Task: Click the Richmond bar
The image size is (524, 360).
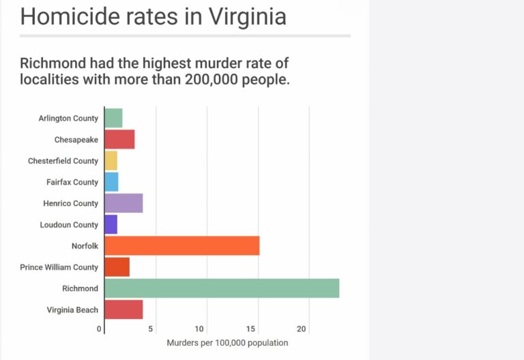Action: (x=222, y=288)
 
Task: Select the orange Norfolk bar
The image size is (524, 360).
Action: (x=182, y=245)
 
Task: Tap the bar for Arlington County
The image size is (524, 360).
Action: (x=113, y=118)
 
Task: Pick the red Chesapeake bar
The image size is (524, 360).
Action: (x=119, y=139)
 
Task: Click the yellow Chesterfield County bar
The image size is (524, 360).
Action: (x=111, y=161)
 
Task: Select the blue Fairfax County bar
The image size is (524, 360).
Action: (x=111, y=182)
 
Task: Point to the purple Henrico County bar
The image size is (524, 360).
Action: (x=123, y=203)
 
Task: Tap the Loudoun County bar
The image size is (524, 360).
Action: (x=111, y=224)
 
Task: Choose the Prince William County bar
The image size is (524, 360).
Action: (x=117, y=267)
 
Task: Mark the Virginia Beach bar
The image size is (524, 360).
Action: (x=123, y=310)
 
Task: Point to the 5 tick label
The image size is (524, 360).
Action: (x=151, y=329)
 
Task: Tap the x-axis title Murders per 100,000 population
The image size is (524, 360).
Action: (x=227, y=342)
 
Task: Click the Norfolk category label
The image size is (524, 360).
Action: (x=85, y=246)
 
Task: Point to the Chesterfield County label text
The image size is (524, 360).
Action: (x=63, y=161)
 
